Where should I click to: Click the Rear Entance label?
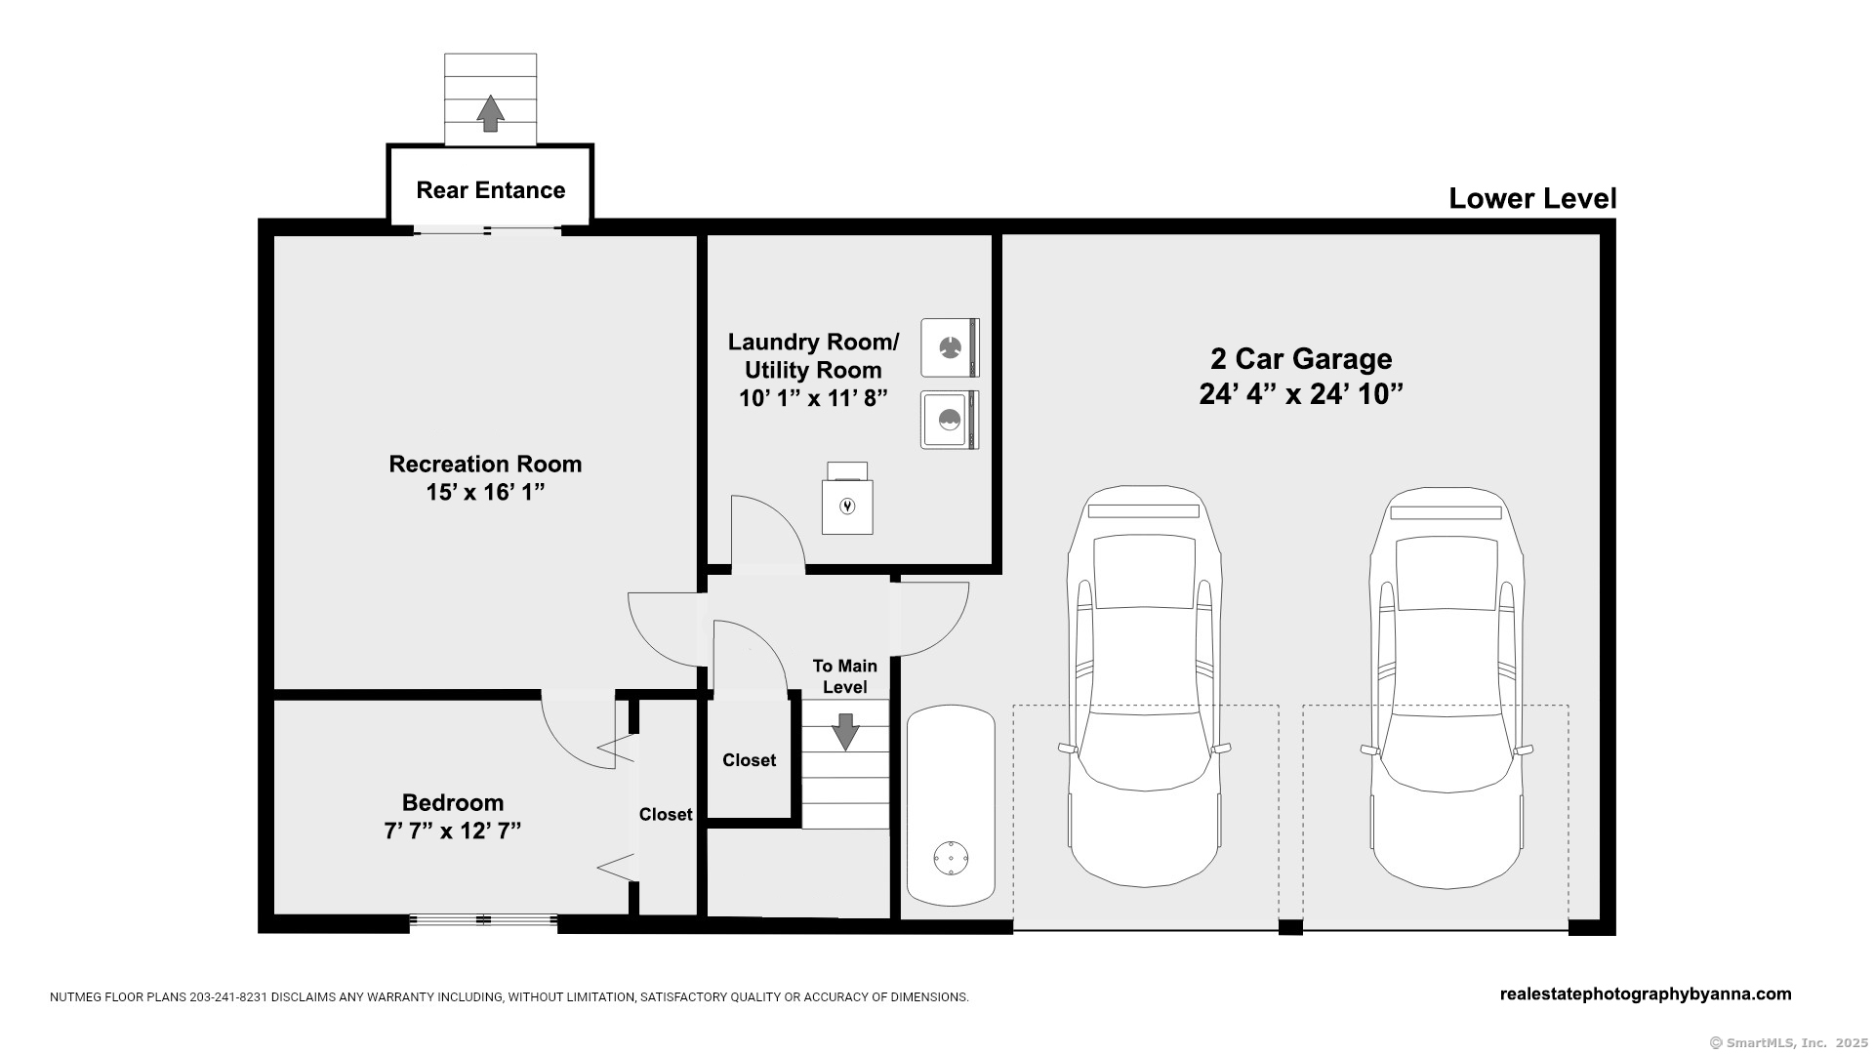pos(490,190)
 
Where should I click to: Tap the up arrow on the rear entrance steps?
pos(490,113)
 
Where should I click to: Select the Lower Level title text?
pos(1531,199)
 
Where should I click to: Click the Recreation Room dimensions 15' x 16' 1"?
pos(484,493)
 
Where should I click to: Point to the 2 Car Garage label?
pos(1301,359)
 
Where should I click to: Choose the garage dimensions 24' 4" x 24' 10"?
pos(1301,395)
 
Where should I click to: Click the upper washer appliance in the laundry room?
pos(949,347)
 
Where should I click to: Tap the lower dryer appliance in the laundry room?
pos(949,420)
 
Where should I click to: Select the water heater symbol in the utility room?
pos(847,506)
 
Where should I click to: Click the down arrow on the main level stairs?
pos(845,731)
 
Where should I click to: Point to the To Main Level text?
pos(845,676)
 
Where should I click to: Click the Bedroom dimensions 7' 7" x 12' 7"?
pos(452,831)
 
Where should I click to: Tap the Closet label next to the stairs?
pos(750,760)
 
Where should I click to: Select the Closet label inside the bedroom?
pos(666,815)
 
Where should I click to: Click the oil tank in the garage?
pos(951,806)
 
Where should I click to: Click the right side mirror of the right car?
pos(1524,750)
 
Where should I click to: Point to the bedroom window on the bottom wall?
pos(483,919)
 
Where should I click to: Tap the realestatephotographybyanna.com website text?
pos(1645,994)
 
